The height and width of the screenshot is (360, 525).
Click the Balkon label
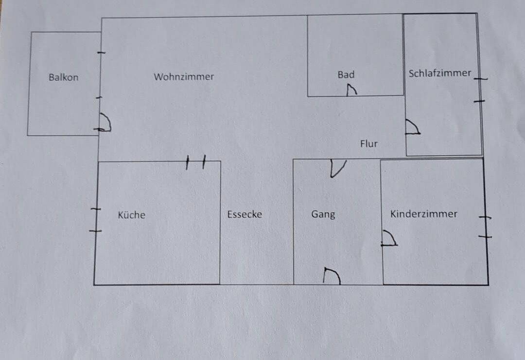point(63,77)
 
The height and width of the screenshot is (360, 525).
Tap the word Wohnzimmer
point(184,76)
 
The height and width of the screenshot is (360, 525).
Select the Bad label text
point(346,74)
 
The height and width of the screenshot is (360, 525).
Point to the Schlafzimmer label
point(440,73)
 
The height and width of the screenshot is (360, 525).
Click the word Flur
point(368,144)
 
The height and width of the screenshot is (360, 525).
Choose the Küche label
point(131,215)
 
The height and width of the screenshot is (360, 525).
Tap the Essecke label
point(245,214)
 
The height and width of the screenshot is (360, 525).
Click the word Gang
point(323,214)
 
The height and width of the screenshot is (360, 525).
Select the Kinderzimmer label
point(424,214)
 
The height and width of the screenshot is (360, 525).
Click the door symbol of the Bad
point(351,90)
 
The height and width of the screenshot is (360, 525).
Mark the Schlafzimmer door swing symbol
point(413,127)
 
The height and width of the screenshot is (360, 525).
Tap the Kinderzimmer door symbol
point(389,238)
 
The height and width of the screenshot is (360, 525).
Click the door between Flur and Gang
point(337,168)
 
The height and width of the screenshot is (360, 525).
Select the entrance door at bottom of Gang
point(332,276)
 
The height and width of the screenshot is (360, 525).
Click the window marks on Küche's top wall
point(195,162)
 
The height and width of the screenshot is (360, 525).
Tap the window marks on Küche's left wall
point(95,220)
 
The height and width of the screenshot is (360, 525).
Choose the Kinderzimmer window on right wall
point(485,227)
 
